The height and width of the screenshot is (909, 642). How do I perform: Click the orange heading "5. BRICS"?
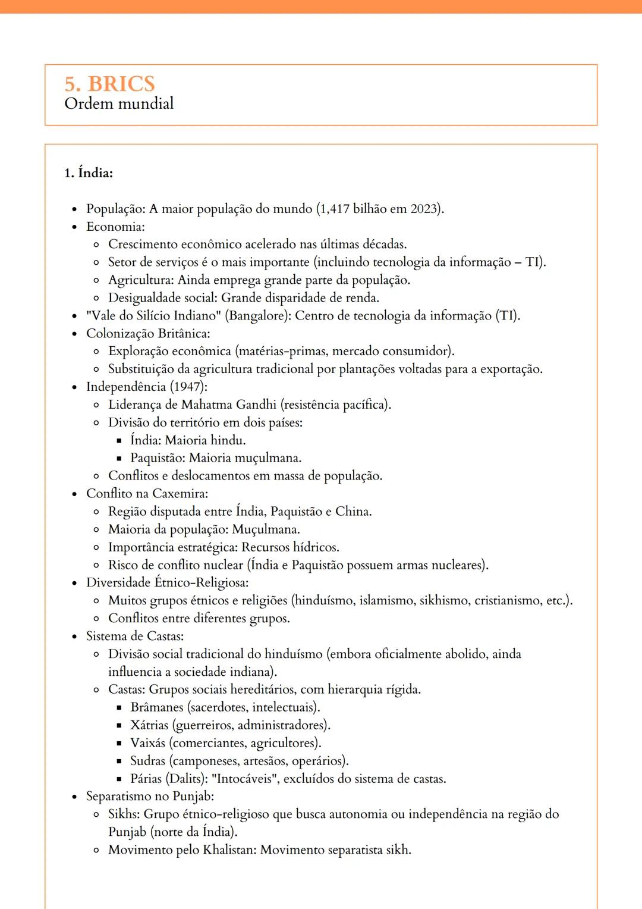109,84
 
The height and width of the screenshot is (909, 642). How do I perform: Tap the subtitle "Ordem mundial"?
119,104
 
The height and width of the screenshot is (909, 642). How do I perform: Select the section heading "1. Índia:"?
89,173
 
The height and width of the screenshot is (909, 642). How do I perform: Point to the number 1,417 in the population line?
335,209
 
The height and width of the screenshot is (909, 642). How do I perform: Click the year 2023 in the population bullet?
424,209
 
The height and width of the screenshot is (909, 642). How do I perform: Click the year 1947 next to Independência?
188,387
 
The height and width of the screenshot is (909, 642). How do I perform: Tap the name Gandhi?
256,405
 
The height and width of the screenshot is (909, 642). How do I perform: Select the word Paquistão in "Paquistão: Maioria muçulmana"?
157,458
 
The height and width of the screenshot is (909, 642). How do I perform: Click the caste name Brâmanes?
157,707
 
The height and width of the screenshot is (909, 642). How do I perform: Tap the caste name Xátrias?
149,725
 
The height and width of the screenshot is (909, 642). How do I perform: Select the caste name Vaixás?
147,743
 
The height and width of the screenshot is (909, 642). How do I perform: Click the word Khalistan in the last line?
229,850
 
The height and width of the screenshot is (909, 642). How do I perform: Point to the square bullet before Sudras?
119,761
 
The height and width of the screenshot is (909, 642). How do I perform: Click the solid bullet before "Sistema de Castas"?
74,637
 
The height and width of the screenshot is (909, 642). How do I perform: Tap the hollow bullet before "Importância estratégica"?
96,548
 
